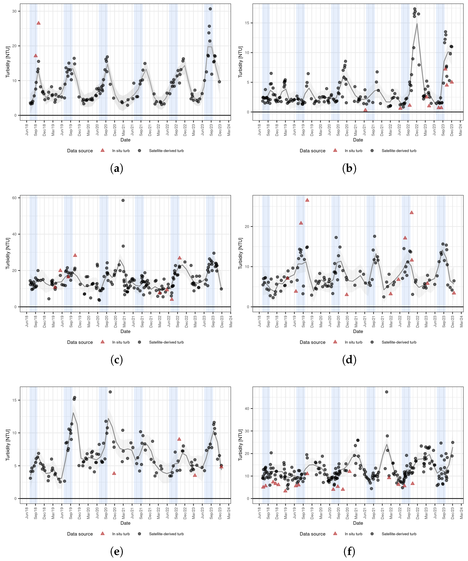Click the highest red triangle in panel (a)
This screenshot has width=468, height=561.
click(x=39, y=23)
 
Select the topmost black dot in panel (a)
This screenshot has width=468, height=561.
click(x=210, y=9)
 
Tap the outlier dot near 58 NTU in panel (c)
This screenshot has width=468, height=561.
click(x=123, y=200)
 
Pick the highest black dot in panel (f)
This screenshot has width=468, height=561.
click(x=387, y=392)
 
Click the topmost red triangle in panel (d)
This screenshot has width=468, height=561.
click(x=307, y=200)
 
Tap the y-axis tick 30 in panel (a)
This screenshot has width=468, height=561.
click(x=14, y=11)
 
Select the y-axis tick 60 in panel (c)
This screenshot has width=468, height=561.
click(x=14, y=198)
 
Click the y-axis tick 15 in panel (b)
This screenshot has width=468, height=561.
click(x=247, y=23)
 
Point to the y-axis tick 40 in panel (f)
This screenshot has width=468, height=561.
click(x=247, y=408)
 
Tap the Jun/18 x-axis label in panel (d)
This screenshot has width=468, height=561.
click(x=259, y=321)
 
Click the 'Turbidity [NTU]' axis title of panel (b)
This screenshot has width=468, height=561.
click(x=240, y=62)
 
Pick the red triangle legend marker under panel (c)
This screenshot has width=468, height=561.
click(x=102, y=342)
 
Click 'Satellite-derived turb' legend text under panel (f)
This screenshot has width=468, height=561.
click(x=399, y=534)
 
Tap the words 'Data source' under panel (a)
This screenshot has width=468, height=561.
click(x=80, y=151)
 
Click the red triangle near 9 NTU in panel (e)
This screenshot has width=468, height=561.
click(x=179, y=439)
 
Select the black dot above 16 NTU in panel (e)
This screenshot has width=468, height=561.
click(x=110, y=392)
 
